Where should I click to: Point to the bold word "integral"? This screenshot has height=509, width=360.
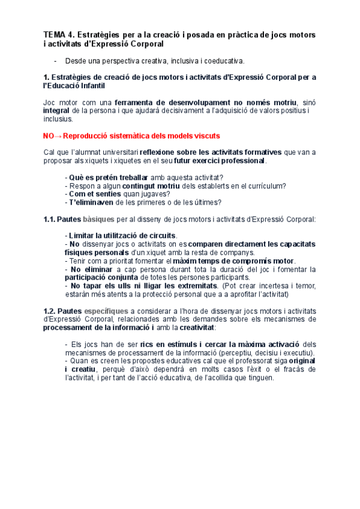click(x=56, y=110)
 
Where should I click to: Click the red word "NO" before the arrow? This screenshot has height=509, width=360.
click(x=50, y=136)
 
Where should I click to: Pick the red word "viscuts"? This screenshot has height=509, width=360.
click(x=205, y=136)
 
